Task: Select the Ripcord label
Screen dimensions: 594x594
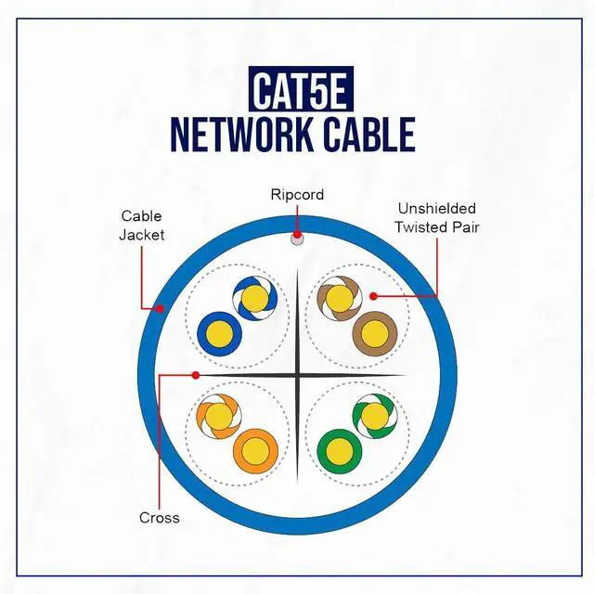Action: pyautogui.click(x=297, y=195)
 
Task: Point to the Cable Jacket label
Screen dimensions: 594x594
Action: pyautogui.click(x=142, y=226)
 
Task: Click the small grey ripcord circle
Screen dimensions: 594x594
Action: pyautogui.click(x=297, y=239)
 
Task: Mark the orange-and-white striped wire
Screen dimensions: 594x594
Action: pyautogui.click(x=219, y=417)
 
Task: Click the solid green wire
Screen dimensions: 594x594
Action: pyautogui.click(x=338, y=451)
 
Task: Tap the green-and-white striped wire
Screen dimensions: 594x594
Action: pyautogui.click(x=374, y=417)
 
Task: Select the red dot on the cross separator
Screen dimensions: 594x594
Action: pyautogui.click(x=196, y=375)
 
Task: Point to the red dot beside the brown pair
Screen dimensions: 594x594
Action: pyautogui.click(x=372, y=296)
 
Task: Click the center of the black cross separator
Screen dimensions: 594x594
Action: pyautogui.click(x=297, y=375)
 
